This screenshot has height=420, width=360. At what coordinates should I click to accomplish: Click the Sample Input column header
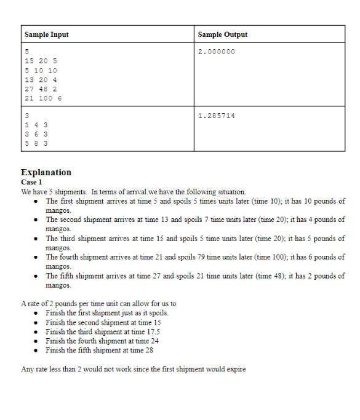[46, 35]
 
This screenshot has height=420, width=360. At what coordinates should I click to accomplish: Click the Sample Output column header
[223, 35]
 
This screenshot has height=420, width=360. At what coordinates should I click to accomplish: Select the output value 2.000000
[216, 52]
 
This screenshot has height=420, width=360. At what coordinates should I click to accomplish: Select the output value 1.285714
[216, 116]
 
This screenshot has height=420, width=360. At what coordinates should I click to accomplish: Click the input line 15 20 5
[41, 61]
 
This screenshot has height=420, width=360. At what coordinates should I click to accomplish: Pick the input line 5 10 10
[41, 70]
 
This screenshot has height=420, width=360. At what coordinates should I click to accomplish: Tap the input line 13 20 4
[41, 79]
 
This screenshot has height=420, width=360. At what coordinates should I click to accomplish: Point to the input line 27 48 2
[41, 89]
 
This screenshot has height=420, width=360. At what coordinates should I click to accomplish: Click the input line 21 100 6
[43, 98]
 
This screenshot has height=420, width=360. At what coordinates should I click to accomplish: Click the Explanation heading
[46, 172]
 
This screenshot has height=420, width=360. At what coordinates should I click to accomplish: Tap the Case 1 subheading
[31, 182]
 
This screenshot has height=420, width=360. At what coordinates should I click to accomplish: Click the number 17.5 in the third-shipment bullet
[153, 331]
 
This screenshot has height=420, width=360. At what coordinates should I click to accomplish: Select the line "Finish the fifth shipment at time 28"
[99, 350]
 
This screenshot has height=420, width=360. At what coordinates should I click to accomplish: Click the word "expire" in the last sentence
[235, 369]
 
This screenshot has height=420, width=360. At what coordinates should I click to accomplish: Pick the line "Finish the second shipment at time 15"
[103, 322]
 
